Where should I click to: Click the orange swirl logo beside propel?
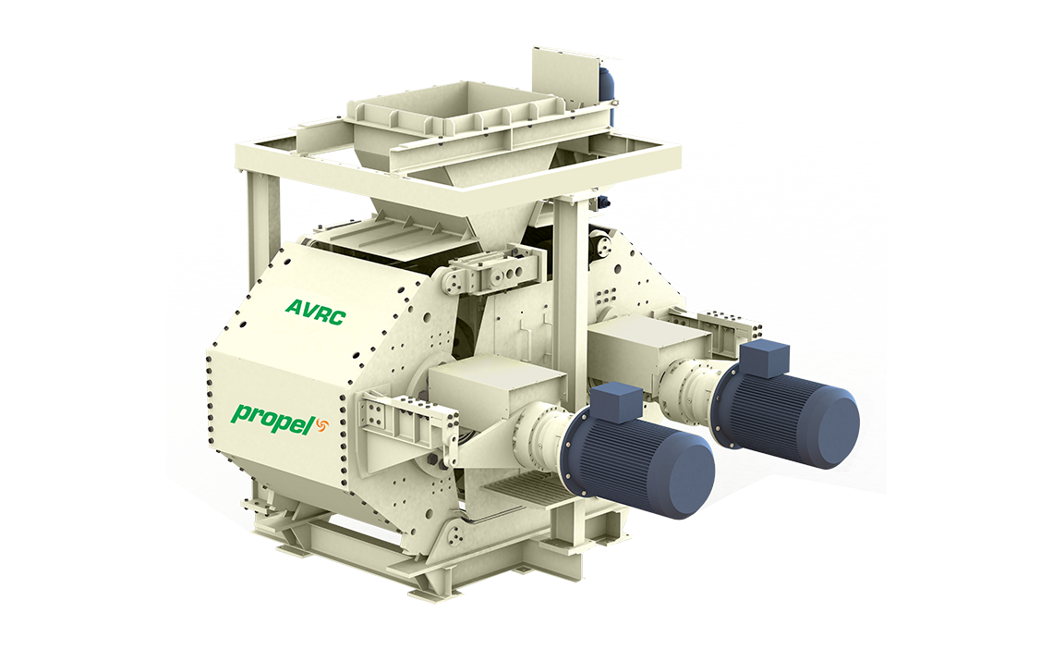click(x=321, y=425)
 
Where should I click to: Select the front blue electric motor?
click(x=638, y=450)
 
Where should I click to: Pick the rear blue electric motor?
click(x=786, y=404)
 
